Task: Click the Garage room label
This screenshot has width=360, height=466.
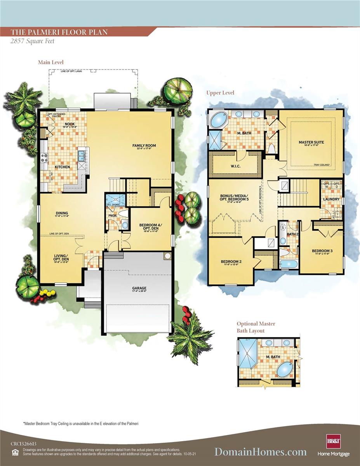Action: [x=139, y=288]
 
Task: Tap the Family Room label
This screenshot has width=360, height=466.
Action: [x=144, y=146]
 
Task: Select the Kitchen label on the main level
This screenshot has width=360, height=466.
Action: [x=62, y=167]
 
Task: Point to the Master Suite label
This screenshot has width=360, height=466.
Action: [x=311, y=142]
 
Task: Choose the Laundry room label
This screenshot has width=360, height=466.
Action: [x=331, y=199]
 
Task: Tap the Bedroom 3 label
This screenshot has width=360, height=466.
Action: [x=322, y=251]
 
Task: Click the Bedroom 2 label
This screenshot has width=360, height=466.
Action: [x=231, y=262]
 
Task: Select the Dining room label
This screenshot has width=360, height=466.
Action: [x=62, y=213]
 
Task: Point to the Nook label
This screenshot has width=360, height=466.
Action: [x=64, y=124]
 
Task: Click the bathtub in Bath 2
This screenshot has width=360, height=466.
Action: [x=289, y=264]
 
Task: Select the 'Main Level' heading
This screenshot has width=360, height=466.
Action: [x=50, y=62]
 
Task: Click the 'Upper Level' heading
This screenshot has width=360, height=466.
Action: [x=221, y=93]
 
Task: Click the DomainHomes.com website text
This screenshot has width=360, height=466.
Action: [x=261, y=451]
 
